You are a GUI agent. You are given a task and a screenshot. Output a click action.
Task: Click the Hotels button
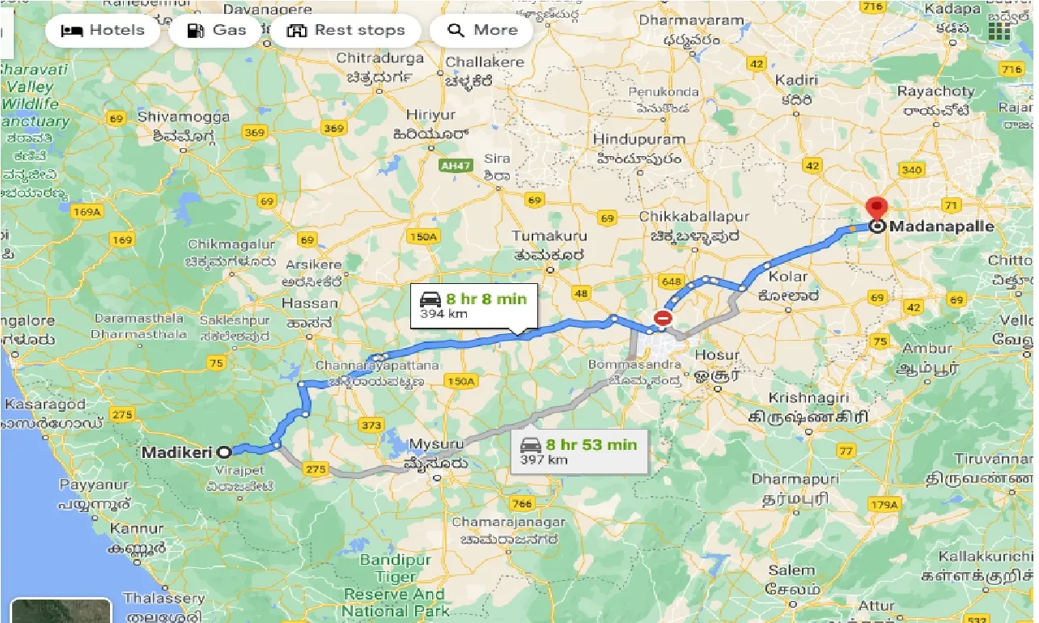pyautogui.click(x=103, y=31)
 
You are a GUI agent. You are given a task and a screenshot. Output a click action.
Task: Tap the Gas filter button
pyautogui.click(x=216, y=31)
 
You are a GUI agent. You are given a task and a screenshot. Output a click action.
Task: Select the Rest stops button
pyautogui.click(x=346, y=31)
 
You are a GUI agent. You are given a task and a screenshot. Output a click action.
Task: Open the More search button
pyautogui.click(x=482, y=31)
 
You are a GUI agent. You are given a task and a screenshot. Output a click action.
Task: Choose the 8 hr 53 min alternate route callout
pyautogui.click(x=579, y=451)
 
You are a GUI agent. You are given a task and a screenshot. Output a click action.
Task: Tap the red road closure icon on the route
pyautogui.click(x=663, y=319)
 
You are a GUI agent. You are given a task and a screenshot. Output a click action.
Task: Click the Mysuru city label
pyautogui.click(x=437, y=444)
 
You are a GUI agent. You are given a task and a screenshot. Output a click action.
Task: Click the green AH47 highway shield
pyautogui.click(x=454, y=165)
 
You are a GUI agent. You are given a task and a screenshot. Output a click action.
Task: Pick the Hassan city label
pyautogui.click(x=310, y=303)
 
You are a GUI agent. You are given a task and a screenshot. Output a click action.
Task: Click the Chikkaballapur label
pyautogui.click(x=693, y=217)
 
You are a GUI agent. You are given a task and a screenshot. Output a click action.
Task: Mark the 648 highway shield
pyautogui.click(x=670, y=281)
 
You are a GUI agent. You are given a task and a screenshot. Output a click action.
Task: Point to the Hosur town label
pyautogui.click(x=717, y=355)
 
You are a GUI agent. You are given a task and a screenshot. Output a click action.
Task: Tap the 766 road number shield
pyautogui.click(x=524, y=503)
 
